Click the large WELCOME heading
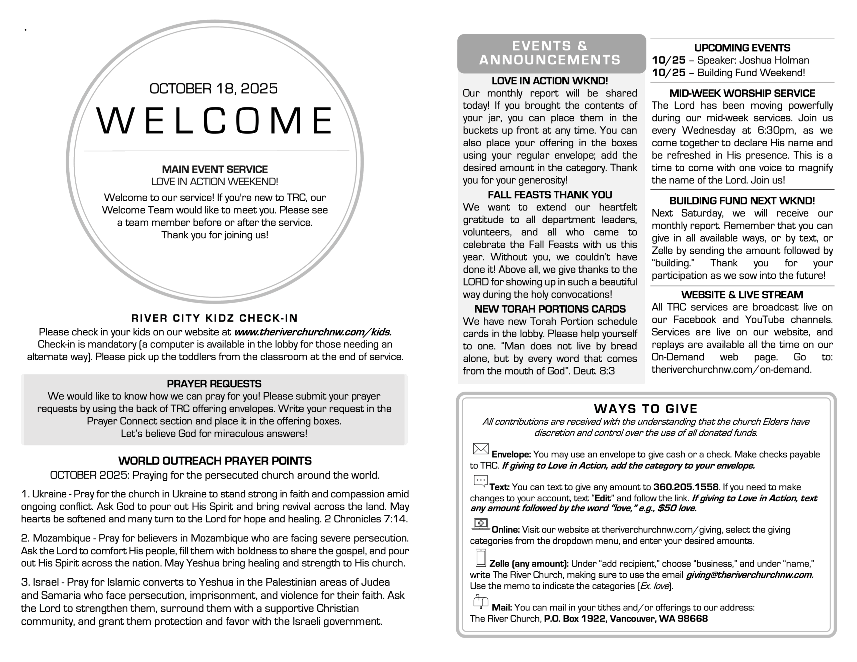pyautogui.click(x=214, y=120)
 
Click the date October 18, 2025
pyautogui.click(x=214, y=89)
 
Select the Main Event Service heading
pyautogui.click(x=215, y=170)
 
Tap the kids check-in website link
pyautogui.click(x=313, y=332)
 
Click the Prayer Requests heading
pyautogui.click(x=214, y=384)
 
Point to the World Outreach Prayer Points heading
pyautogui.click(x=215, y=461)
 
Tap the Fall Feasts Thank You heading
pyautogui.click(x=550, y=195)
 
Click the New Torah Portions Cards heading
pyautogui.click(x=550, y=309)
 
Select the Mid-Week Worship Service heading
pyautogui.click(x=742, y=93)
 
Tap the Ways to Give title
pyautogui.click(x=645, y=409)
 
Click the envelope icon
pyautogui.click(x=481, y=449)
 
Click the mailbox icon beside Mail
pyautogui.click(x=481, y=601)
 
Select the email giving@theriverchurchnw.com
pyautogui.click(x=750, y=575)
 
